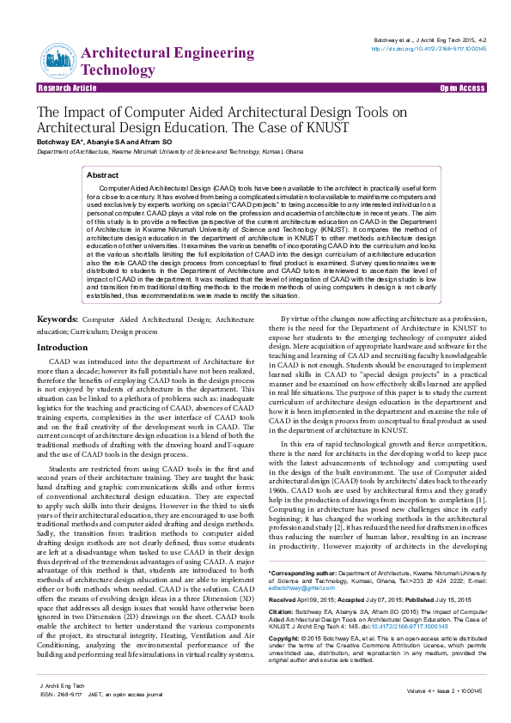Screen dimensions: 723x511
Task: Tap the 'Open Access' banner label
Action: [462, 88]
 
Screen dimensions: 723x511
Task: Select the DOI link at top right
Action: [429, 49]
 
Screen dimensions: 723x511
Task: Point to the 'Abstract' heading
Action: [103, 174]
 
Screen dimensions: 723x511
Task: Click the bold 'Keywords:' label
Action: [58, 295]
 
